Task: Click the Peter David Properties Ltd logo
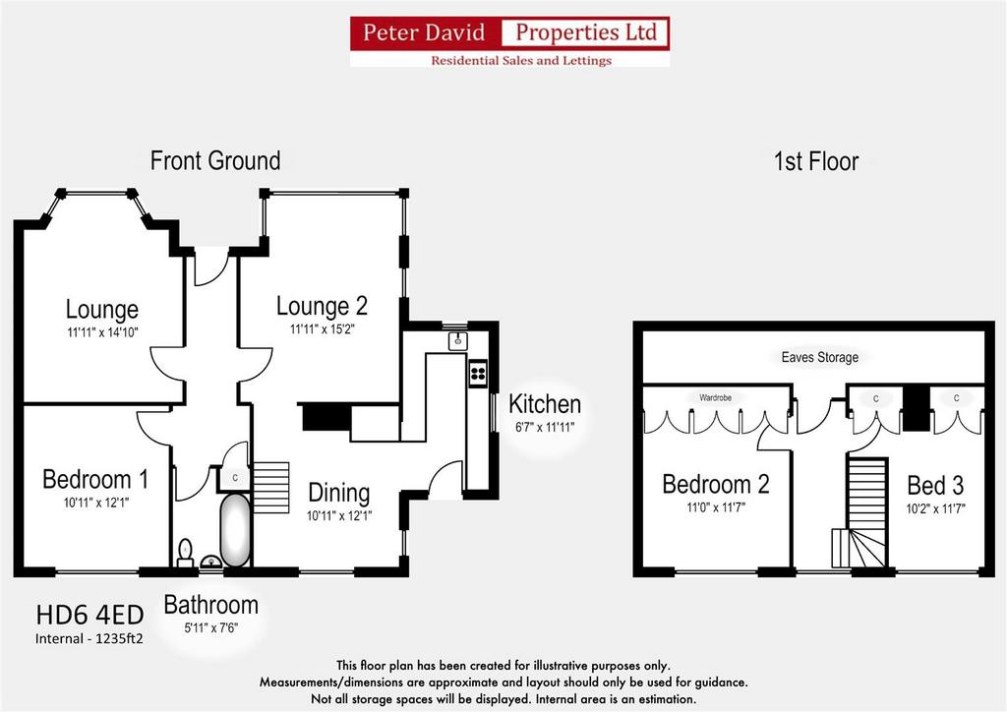[510, 41]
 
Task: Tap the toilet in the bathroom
[185, 554]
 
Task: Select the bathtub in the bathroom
[235, 530]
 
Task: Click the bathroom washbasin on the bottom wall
[211, 562]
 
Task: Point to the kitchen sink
[458, 341]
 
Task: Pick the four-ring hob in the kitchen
[478, 374]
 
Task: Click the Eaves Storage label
[819, 357]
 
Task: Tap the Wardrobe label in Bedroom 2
[716, 398]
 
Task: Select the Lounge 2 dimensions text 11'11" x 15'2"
[323, 329]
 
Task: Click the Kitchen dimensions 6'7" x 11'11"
[545, 427]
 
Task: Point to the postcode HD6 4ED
[89, 615]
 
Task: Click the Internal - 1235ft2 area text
[89, 639]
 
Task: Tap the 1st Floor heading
[815, 161]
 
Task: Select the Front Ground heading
[215, 160]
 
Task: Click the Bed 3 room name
[935, 486]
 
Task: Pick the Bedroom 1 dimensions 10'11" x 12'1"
[96, 503]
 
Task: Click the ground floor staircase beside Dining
[271, 488]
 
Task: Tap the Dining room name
[339, 493]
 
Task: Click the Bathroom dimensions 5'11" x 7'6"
[211, 627]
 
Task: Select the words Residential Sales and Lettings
[521, 60]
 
